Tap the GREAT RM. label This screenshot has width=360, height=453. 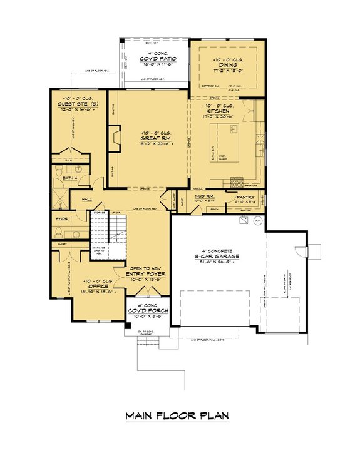pyautogui.click(x=148, y=137)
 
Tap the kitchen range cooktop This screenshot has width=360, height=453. pyautogui.click(x=237, y=182)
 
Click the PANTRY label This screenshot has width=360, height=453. pyautogui.click(x=245, y=197)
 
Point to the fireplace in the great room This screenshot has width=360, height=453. pyautogui.click(x=113, y=137)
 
